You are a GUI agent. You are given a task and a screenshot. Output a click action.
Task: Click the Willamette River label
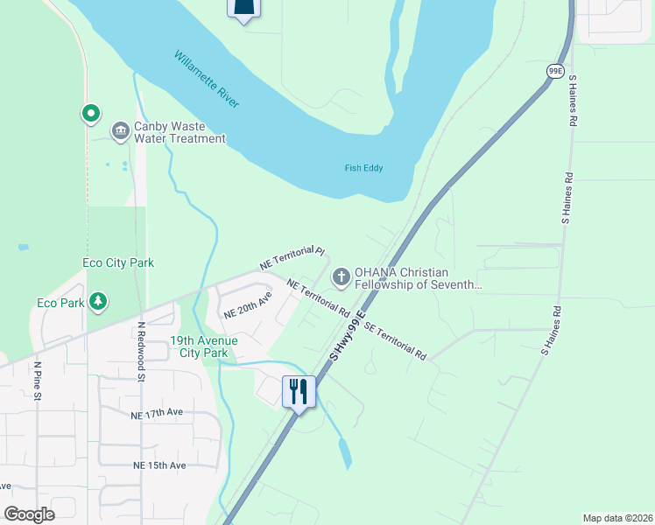(x=207, y=80)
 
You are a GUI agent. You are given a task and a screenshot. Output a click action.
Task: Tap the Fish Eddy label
(x=363, y=168)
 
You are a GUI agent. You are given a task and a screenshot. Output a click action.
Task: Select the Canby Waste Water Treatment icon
(x=120, y=131)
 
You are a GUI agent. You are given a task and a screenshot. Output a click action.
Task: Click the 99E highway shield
(x=554, y=71)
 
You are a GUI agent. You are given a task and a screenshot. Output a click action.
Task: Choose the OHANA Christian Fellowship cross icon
(x=341, y=277)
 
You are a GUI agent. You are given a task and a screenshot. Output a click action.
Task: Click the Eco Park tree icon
(x=99, y=303)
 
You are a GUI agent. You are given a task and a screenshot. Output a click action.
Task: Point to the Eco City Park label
(x=118, y=262)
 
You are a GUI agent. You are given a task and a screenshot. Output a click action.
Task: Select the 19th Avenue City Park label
(x=199, y=346)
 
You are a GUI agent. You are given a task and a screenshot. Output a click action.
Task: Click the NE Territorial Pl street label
(x=292, y=257)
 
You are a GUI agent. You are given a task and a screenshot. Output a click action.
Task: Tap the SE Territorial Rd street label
(x=394, y=341)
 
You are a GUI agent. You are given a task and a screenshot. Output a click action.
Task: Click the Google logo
(x=29, y=514)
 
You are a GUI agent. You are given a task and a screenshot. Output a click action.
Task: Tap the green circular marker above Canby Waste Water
(x=89, y=113)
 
